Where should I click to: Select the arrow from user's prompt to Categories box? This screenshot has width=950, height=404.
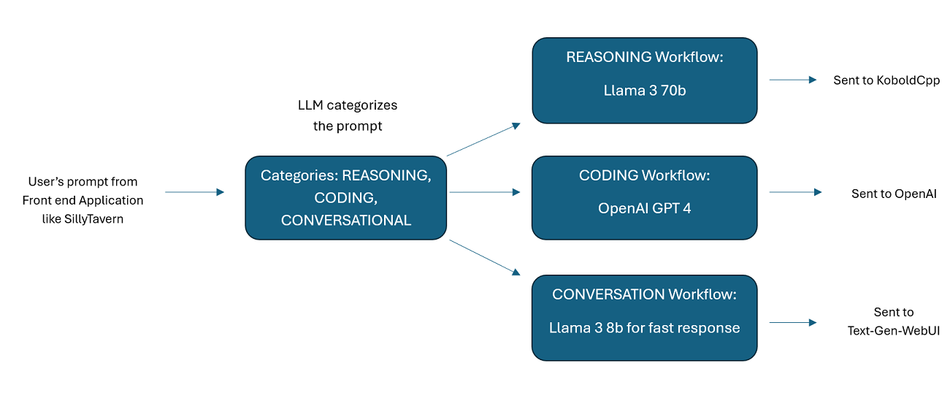coord(195,192)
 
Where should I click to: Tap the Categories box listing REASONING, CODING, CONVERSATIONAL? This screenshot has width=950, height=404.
coord(345,198)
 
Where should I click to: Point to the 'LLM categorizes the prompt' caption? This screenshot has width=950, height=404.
coord(348,115)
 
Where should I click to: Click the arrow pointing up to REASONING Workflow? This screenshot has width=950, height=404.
coord(483,140)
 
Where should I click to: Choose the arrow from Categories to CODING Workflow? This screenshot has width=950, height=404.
coord(485,192)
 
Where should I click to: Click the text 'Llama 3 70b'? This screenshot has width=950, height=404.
coord(645,91)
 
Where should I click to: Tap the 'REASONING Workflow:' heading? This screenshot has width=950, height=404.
coord(645,57)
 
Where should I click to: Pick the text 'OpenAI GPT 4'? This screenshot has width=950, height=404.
coord(644,208)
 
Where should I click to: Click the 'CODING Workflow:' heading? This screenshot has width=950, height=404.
coord(644,175)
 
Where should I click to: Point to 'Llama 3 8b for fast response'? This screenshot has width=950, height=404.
coord(644,327)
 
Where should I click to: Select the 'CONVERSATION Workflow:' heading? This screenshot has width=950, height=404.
coord(644,294)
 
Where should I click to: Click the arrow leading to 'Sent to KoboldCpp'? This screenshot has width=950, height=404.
coord(793,80)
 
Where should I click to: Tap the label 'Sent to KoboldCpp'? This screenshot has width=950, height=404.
coord(886,80)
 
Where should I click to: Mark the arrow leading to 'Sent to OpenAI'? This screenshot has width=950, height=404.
coord(796,192)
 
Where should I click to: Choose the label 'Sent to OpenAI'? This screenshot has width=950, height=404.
coord(894,194)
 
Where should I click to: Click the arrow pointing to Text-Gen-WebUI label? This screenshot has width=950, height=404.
coord(793,322)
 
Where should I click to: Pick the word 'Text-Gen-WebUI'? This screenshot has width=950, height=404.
coord(894,331)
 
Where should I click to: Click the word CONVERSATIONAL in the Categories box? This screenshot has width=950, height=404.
coord(345,220)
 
